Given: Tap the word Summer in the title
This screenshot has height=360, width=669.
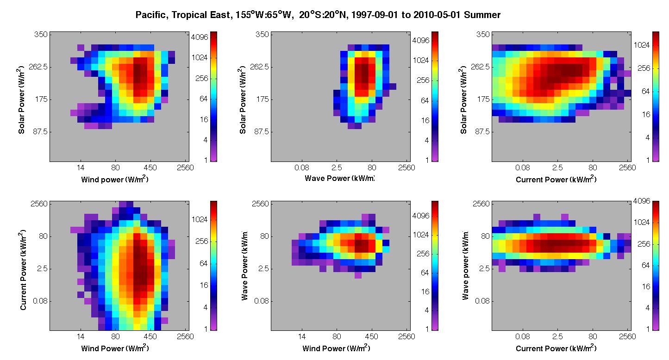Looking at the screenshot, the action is click(x=482, y=15).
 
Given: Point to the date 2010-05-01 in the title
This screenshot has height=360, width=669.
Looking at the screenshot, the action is click(x=437, y=15).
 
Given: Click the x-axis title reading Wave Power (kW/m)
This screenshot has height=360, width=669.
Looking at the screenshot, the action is click(x=339, y=178).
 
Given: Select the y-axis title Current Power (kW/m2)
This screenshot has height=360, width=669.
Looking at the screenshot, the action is click(x=23, y=270).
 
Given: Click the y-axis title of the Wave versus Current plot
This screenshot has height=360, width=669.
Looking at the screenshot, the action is click(x=465, y=265).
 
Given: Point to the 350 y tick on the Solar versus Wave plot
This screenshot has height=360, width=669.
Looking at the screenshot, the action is click(x=262, y=34).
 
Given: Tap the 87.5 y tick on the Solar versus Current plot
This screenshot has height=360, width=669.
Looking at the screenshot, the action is click(x=482, y=131).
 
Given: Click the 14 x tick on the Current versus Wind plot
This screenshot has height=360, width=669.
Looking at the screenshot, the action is click(x=81, y=337).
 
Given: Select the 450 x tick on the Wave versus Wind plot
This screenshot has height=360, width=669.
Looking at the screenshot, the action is click(x=371, y=337).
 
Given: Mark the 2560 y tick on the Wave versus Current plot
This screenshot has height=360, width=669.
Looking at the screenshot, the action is click(x=481, y=204).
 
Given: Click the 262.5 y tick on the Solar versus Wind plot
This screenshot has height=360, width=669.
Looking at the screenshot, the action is click(x=38, y=67).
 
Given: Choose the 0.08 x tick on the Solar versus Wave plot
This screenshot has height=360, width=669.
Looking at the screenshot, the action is click(x=302, y=168).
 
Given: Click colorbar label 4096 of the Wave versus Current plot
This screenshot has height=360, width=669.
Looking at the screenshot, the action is click(x=642, y=201).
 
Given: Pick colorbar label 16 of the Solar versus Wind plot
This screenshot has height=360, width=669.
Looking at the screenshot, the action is click(x=204, y=120).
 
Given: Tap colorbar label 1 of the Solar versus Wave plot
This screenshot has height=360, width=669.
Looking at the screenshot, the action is click(x=427, y=160).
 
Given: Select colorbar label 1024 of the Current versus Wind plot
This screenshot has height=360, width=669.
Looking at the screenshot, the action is click(x=200, y=220).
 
